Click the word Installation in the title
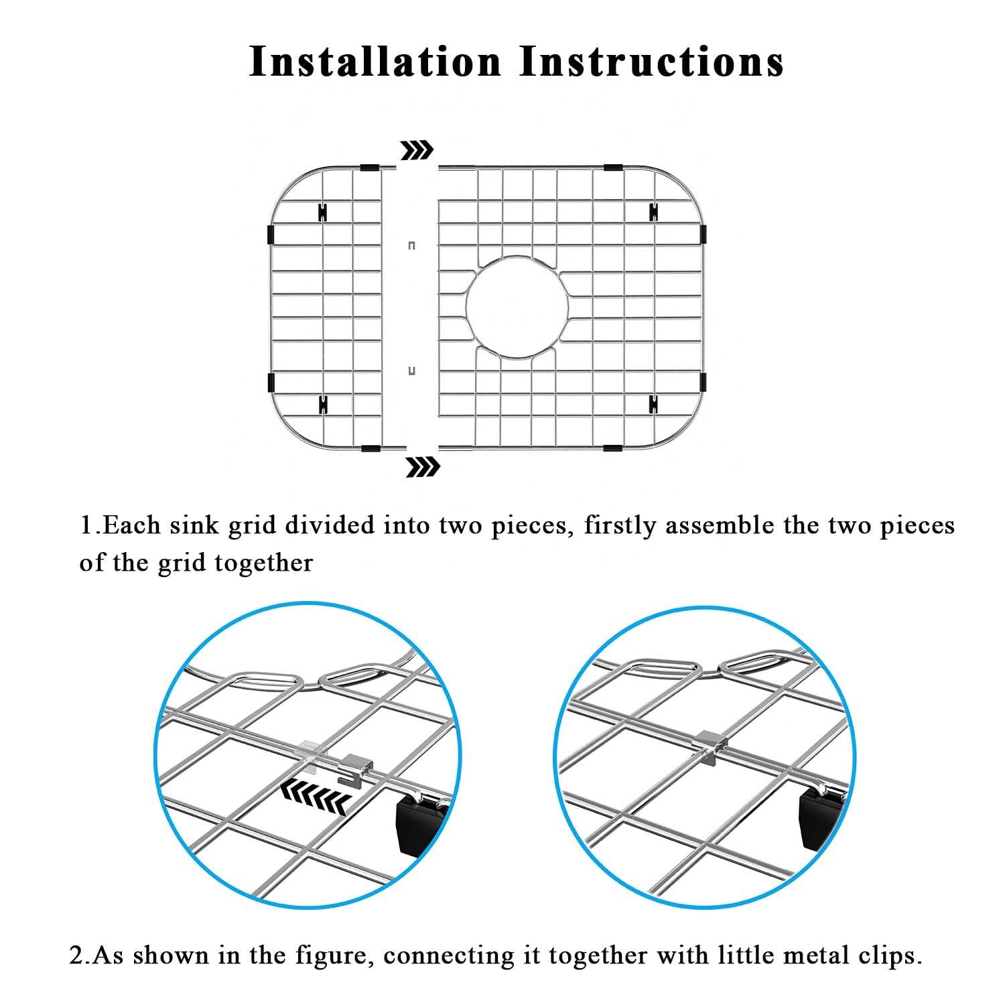(375, 62)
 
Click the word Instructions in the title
(652, 62)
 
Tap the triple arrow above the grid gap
(416, 151)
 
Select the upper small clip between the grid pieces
(411, 245)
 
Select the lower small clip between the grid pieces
(411, 371)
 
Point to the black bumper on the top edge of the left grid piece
(370, 167)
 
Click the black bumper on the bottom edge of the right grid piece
(612, 447)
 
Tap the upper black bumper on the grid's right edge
(703, 234)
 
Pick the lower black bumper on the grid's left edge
(271, 383)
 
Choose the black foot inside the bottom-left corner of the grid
(323, 403)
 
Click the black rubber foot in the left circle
(421, 825)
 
